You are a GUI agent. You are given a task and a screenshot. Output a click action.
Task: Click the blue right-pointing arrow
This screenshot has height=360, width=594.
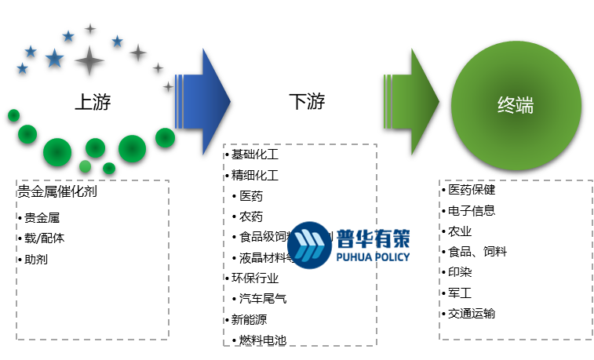click(x=204, y=101)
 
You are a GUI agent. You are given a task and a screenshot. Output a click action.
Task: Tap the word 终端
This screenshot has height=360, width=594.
click(x=516, y=105)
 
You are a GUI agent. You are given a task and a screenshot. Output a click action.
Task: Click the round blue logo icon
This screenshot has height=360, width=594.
click(x=309, y=245)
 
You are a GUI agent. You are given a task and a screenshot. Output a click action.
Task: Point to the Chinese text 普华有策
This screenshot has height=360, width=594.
click(x=373, y=238)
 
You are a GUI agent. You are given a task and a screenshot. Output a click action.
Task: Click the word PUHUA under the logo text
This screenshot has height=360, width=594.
click(x=353, y=256)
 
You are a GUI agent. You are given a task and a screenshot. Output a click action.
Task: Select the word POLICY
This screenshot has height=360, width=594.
click(x=392, y=256)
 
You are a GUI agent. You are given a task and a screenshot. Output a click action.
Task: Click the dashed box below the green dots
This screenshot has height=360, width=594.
click(x=93, y=260)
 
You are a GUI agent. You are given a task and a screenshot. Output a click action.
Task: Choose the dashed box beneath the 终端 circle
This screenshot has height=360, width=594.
click(x=516, y=260)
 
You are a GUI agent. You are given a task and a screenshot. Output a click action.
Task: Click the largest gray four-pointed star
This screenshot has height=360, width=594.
click(x=89, y=60)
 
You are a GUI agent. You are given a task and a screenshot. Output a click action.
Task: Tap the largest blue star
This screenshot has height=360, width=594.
click(x=54, y=58)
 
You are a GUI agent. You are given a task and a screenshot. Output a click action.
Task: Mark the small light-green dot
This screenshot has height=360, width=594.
click(x=85, y=166)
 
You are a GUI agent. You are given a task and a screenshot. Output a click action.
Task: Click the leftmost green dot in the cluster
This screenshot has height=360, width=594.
click(x=13, y=115)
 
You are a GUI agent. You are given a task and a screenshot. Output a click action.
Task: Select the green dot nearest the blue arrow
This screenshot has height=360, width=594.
click(x=165, y=137)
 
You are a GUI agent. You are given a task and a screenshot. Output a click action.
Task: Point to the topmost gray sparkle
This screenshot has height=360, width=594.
click(x=90, y=28)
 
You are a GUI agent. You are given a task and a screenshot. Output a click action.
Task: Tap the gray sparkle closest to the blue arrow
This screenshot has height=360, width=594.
click(x=168, y=86)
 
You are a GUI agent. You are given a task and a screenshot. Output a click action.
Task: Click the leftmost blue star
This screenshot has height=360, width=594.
click(x=22, y=68)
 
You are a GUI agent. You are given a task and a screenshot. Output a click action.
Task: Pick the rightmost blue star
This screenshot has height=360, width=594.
click(x=117, y=41)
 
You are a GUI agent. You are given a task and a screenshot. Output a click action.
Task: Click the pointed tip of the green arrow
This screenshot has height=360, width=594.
click(x=437, y=101)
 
